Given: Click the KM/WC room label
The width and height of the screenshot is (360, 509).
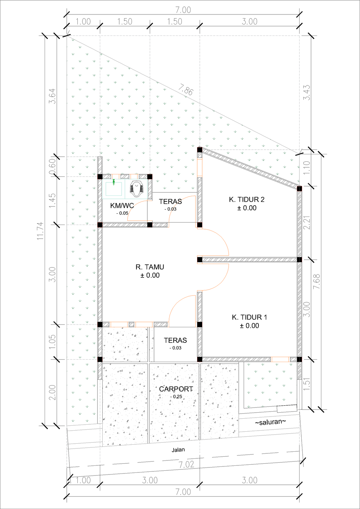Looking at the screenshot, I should coord(122,206).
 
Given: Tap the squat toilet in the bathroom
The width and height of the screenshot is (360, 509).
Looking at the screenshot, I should coord(137,189).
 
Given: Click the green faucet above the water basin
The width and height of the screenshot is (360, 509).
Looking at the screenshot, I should coord(114,182).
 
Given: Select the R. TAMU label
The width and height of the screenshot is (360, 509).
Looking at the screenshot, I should coord(150,267).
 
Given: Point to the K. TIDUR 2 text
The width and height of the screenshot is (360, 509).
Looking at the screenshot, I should coord(246,200).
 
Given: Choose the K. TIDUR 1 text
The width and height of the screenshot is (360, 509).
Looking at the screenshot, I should coord(249,317).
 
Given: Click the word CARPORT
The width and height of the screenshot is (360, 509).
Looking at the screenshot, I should coord(176,389).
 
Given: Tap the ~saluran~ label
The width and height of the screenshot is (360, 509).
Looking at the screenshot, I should coord(270,422).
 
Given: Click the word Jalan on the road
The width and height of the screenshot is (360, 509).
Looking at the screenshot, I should coord(178,450).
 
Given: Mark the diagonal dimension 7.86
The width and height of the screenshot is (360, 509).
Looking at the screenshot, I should coord(186,90).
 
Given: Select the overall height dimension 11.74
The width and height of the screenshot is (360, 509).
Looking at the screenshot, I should coord(41,231).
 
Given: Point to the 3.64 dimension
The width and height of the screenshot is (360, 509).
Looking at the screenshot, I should coord(52,96).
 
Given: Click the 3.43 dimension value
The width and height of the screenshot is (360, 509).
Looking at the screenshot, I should coord(307,92).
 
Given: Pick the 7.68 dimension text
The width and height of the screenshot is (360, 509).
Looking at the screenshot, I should coord(317,281).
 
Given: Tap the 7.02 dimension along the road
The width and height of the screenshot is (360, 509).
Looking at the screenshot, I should coord(186,464).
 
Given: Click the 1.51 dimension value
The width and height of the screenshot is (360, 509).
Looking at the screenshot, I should coord(307,384).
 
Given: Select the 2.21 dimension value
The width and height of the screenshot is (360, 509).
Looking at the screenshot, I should coord(307,223).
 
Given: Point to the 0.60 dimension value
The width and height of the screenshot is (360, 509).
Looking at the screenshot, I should coord(52,166).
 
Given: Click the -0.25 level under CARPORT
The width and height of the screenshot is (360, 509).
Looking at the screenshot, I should coord(176,397).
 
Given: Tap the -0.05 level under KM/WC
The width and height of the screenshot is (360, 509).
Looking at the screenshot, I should coord(122,213).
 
